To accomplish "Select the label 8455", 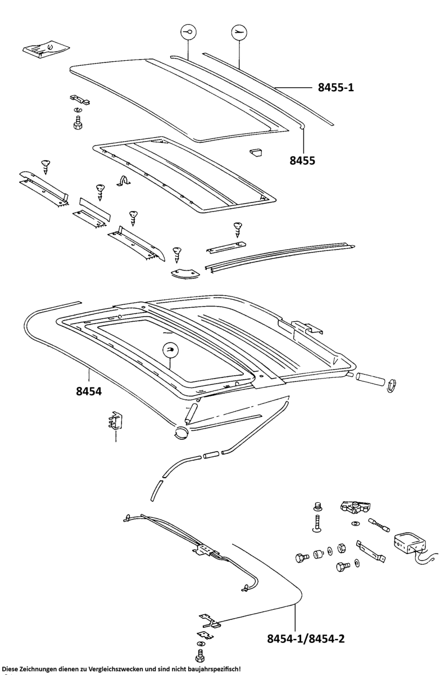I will coord(302,160).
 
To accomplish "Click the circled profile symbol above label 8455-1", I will coord(239,33).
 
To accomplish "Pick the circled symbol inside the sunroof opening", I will coord(172,350).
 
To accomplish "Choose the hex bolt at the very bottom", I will coord(199,655).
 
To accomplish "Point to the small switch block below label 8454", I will coord(115,421).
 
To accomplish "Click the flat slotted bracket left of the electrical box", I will coord(371,552).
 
